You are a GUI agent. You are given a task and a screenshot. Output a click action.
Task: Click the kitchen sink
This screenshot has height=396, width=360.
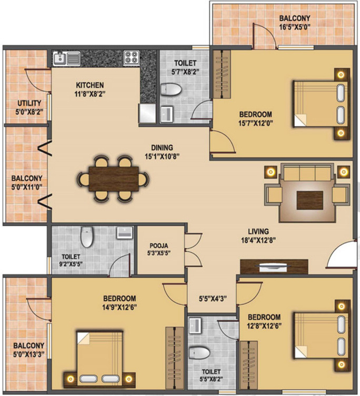[x=66, y=57]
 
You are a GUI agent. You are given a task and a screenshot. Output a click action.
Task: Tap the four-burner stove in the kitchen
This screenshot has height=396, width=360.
[x=131, y=57]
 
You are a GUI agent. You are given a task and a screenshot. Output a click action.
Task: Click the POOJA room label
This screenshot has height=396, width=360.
[x=158, y=245]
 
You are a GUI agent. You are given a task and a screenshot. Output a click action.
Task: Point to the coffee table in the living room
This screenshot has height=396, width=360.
[x=306, y=200]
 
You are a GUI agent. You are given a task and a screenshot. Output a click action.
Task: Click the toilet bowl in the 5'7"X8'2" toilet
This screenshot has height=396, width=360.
[x=170, y=90]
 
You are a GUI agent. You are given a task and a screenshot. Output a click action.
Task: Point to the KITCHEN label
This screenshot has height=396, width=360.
[x=89, y=85]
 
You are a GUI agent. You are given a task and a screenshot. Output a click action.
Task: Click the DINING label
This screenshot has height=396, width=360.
[x=161, y=148]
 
